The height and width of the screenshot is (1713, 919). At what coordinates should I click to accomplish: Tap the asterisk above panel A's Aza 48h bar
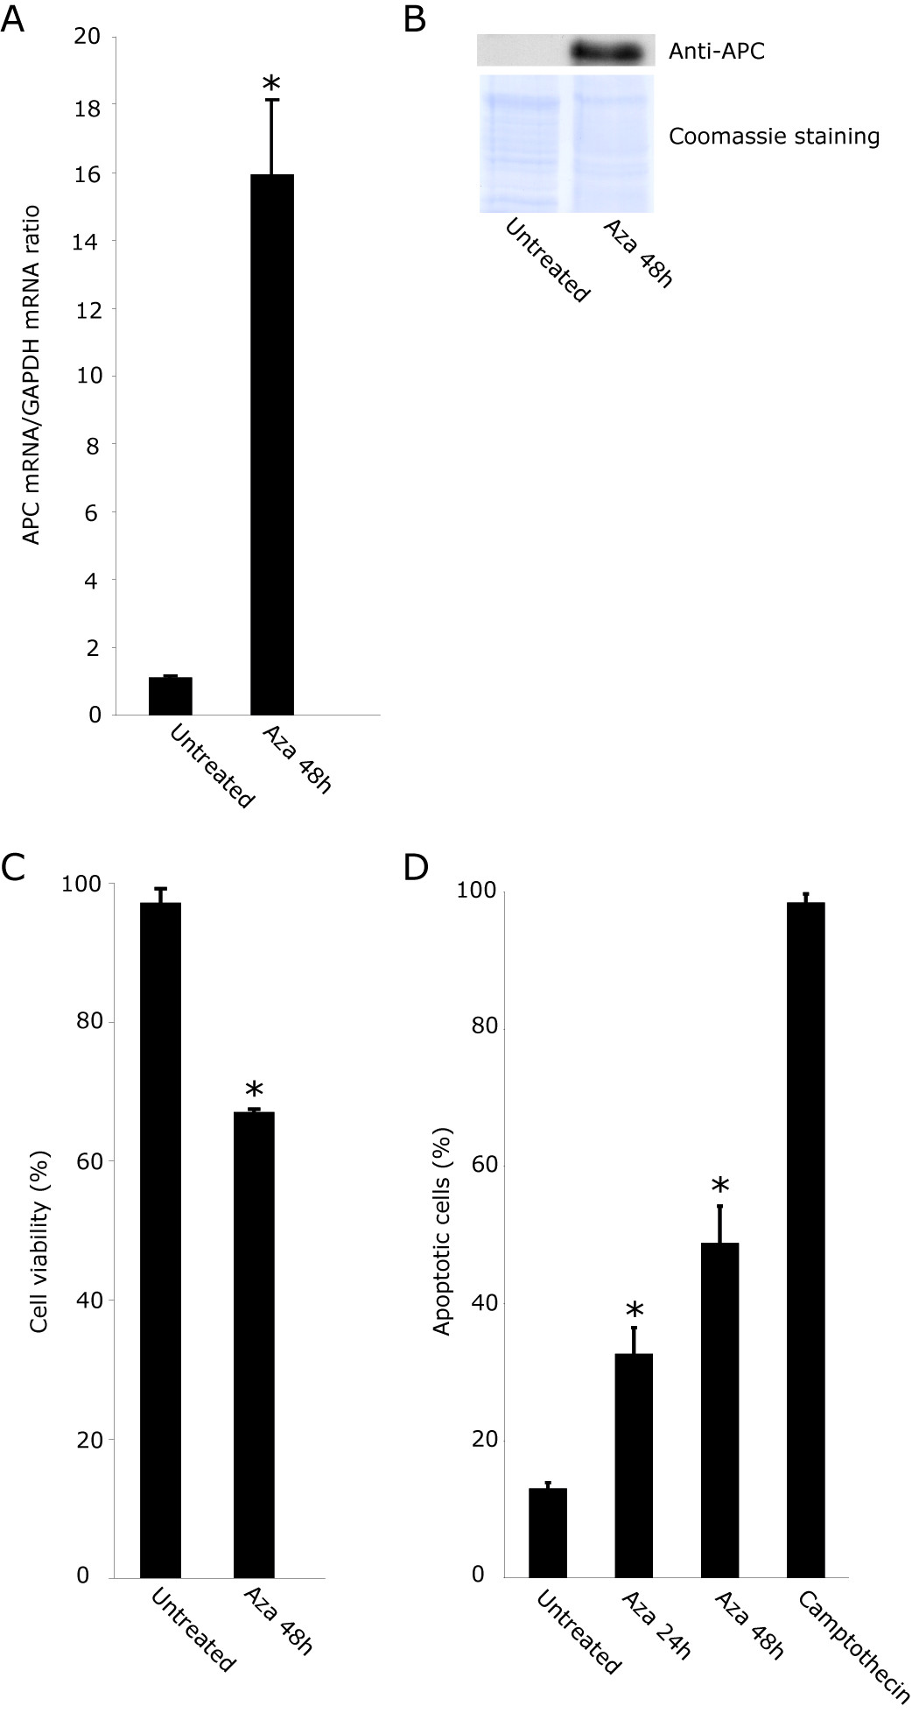[x=271, y=84]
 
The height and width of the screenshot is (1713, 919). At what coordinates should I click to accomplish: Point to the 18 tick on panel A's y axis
[x=91, y=105]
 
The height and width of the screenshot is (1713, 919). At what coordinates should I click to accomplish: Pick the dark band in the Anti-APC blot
[x=612, y=53]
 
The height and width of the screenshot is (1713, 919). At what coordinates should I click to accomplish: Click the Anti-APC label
[x=717, y=53]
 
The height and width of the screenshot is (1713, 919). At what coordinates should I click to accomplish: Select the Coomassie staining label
[x=774, y=137]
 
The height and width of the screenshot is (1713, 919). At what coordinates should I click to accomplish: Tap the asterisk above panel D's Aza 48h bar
[x=719, y=1188]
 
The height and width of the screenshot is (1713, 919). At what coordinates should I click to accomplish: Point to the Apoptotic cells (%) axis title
[x=442, y=1225]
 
